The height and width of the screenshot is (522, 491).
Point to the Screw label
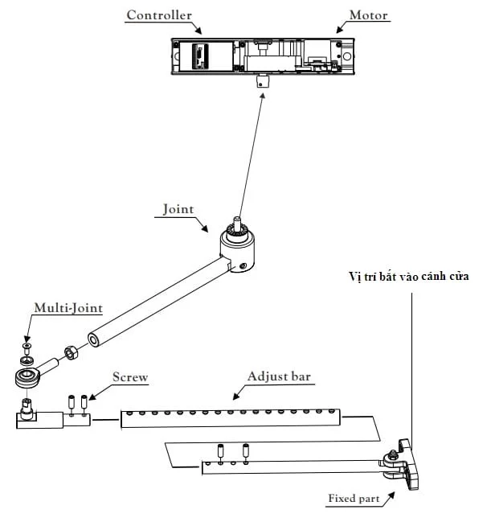(130, 376)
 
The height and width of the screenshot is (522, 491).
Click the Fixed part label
(354, 499)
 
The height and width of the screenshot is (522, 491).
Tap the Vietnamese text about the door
(409, 276)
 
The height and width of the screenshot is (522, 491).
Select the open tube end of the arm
(96, 340)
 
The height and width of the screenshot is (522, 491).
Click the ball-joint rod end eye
(27, 375)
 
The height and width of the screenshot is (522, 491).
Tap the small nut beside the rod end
(71, 351)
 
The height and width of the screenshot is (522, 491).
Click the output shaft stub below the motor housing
(262, 80)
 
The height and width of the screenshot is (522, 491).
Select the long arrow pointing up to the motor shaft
(251, 153)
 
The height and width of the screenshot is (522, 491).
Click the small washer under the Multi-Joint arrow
(27, 347)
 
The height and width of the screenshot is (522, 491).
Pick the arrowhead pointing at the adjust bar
(235, 397)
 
